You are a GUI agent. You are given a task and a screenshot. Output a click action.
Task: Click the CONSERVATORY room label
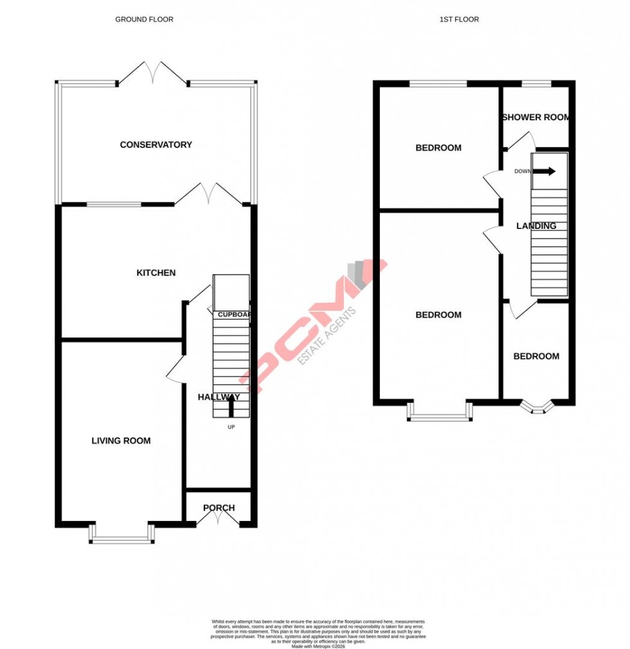[x=156, y=145]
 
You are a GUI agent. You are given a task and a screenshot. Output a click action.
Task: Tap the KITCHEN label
[x=156, y=273]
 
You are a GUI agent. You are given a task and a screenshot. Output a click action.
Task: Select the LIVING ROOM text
[x=121, y=441]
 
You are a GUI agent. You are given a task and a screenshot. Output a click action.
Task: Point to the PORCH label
[x=219, y=507]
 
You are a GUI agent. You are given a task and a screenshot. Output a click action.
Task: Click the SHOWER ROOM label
[x=535, y=117]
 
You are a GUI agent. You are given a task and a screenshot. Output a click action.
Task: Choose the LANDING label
[x=536, y=226]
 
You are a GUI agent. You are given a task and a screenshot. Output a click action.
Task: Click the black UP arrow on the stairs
[x=231, y=405]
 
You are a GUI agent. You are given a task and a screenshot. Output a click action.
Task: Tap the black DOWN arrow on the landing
[x=544, y=171]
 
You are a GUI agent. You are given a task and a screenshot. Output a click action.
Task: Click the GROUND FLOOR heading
[x=144, y=19]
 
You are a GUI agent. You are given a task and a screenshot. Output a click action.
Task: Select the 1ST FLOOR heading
[x=459, y=19]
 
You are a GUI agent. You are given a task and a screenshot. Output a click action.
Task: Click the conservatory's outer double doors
[x=152, y=73]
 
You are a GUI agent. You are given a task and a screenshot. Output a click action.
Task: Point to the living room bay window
[x=122, y=535]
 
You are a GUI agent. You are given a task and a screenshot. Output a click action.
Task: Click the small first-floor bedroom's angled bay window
[x=536, y=408]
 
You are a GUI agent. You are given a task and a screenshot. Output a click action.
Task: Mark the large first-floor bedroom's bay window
[x=440, y=413]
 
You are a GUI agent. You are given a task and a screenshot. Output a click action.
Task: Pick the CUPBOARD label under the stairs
[x=233, y=315]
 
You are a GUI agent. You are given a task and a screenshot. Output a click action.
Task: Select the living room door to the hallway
[x=175, y=371]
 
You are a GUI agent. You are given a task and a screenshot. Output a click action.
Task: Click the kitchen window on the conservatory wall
[x=114, y=205]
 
